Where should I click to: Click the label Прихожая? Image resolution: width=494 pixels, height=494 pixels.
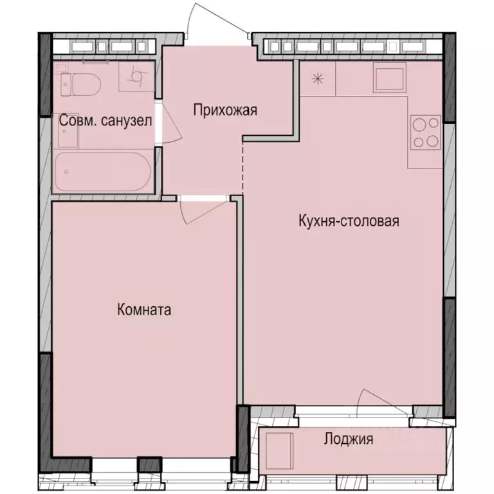pyautogui.click(x=225, y=110)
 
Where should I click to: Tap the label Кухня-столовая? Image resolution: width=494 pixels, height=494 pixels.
pyautogui.click(x=349, y=221)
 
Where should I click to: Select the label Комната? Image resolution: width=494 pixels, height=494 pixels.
pyautogui.click(x=144, y=310)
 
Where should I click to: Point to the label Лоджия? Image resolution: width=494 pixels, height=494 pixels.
pyautogui.click(x=348, y=440)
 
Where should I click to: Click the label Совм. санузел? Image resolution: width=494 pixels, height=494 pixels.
pyautogui.click(x=105, y=120)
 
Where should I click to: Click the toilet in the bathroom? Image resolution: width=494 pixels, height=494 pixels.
pyautogui.click(x=80, y=84)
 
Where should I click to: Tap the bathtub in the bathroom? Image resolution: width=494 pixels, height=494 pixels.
pyautogui.click(x=103, y=171)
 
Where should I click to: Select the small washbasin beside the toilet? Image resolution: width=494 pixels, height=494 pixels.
pyautogui.click(x=67, y=132)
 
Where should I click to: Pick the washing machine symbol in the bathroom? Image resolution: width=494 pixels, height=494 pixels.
pyautogui.click(x=136, y=77)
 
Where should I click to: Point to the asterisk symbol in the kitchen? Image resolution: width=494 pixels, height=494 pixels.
pyautogui.click(x=316, y=79)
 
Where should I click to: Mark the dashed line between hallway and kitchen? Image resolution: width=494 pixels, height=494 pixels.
pyautogui.click(x=242, y=164)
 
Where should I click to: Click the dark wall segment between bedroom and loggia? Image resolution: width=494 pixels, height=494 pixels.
pyautogui.click(x=243, y=437)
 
